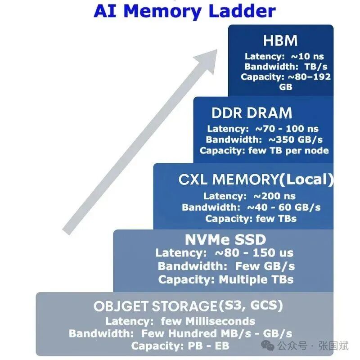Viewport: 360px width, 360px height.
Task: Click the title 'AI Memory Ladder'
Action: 184,11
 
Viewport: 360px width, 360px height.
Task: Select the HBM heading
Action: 281,40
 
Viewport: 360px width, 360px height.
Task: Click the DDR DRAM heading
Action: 252,112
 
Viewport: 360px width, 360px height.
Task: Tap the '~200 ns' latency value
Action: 275,196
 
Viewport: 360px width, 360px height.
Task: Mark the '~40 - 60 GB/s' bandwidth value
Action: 284,207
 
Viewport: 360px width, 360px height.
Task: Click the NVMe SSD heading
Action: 225,239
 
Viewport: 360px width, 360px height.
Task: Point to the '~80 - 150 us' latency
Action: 255,253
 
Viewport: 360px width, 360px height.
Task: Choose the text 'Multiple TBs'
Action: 256,279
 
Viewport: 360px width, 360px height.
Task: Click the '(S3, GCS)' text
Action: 251,306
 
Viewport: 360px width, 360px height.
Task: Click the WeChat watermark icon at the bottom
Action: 268,346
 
